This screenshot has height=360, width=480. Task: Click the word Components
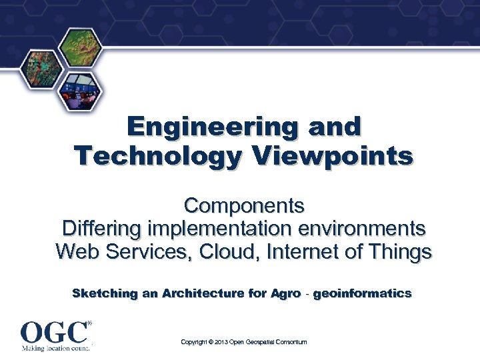coord(244,204)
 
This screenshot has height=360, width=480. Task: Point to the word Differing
coord(101,228)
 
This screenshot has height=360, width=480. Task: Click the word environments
coord(361,228)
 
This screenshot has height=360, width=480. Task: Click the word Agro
coord(286,293)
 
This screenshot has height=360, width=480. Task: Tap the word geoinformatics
coord(362,293)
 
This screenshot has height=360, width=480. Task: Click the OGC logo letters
coord(54,332)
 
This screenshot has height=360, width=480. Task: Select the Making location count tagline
coord(56,348)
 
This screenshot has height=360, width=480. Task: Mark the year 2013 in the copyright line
coord(217,342)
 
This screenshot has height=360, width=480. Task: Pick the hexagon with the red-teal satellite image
coord(41,70)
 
